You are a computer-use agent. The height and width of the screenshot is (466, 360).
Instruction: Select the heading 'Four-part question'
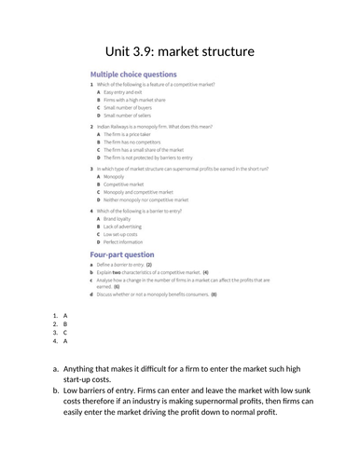point(121,254)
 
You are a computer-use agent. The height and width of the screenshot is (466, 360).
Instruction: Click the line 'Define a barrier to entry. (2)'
point(123,265)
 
